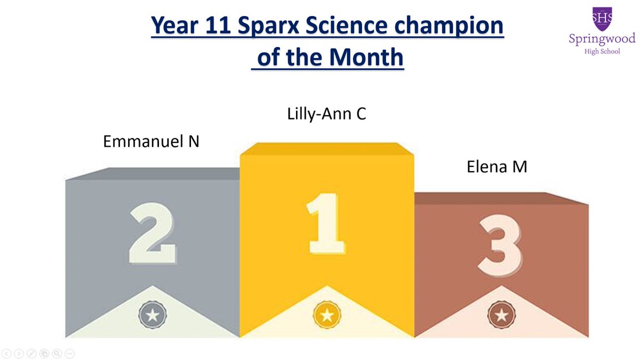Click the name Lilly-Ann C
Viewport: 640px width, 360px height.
326,114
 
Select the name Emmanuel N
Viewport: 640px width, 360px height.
151,141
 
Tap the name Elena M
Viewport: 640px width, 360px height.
497,167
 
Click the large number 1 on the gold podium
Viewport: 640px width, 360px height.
326,223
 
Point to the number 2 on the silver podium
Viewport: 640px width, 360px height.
153,233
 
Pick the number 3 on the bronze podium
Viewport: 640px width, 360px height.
500,246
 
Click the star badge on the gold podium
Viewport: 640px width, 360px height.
327,315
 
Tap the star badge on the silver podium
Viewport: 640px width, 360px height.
153,315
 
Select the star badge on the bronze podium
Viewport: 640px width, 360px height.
501,315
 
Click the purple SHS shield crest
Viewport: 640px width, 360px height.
602,19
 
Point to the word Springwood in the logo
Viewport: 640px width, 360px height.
602,39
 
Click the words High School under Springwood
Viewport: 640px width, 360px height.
602,52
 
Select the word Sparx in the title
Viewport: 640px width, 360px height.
268,26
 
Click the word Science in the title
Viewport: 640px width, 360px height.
346,26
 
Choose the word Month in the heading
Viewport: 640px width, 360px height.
366,57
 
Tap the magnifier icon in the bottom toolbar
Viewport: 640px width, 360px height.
57,354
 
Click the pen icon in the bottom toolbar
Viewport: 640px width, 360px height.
31,354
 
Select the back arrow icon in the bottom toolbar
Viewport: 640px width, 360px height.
6,354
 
